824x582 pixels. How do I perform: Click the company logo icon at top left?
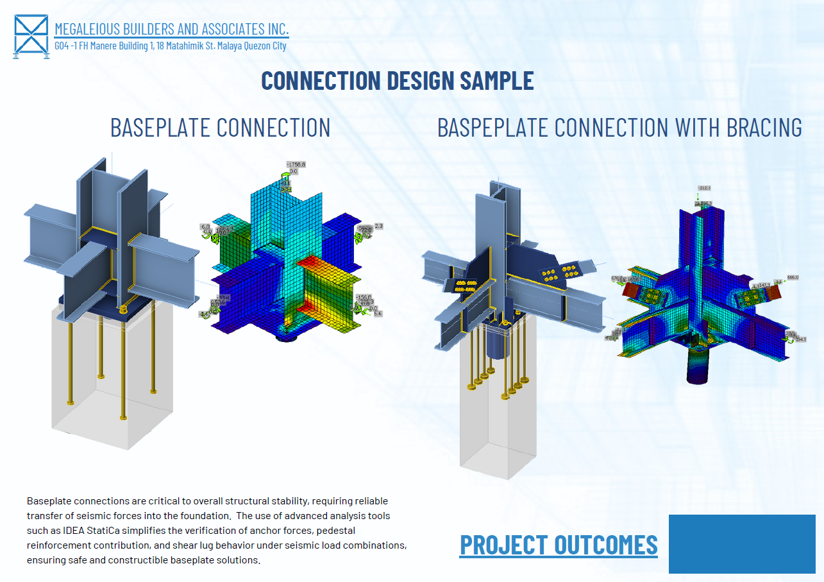click(x=31, y=36)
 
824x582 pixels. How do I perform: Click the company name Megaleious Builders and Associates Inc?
click(x=171, y=29)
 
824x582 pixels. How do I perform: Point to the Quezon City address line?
click(x=170, y=46)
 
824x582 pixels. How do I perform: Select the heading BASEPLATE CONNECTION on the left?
click(x=220, y=127)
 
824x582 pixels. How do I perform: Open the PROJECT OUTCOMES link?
click(x=559, y=544)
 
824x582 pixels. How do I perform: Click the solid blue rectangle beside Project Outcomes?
click(x=741, y=543)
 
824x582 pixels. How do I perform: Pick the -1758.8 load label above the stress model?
click(x=295, y=164)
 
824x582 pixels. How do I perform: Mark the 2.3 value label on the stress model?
click(x=378, y=226)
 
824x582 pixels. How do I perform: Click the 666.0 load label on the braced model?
click(x=793, y=277)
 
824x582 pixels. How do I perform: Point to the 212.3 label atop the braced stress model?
click(x=705, y=188)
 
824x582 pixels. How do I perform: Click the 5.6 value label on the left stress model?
click(x=378, y=314)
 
